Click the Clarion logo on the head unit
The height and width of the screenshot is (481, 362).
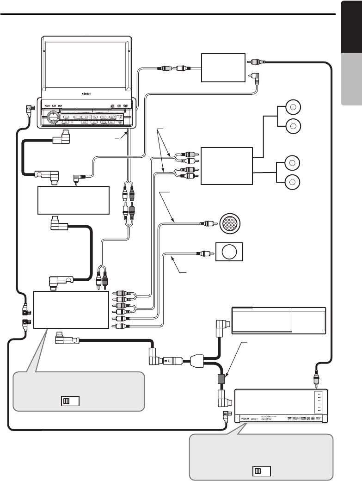click(86, 93)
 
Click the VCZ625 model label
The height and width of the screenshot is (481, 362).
click(245, 418)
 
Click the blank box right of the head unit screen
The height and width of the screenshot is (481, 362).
click(223, 68)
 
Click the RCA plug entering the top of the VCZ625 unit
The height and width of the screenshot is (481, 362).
click(317, 380)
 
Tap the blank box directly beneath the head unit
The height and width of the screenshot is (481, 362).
click(73, 200)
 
